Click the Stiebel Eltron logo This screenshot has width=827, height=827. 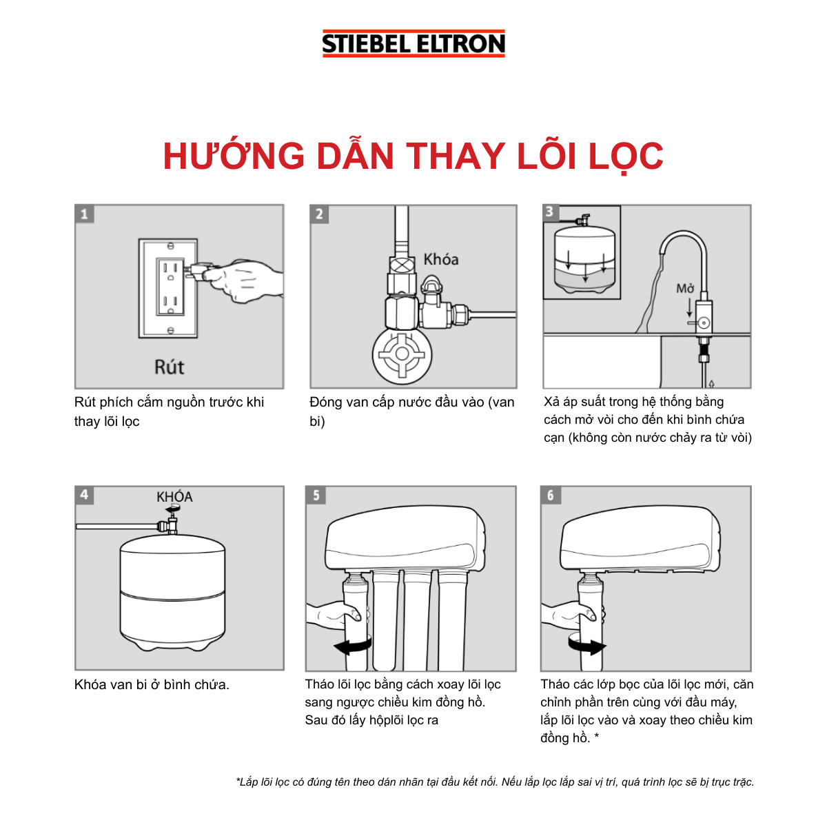point(413,43)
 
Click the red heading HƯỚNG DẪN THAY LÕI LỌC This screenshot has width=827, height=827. point(413,156)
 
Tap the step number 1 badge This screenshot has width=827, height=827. point(84,214)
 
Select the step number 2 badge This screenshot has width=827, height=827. point(319,214)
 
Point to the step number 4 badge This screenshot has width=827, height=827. point(84,495)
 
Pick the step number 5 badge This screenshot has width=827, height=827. point(316,495)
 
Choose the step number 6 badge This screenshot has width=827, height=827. point(550,495)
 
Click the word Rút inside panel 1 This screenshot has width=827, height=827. point(169,367)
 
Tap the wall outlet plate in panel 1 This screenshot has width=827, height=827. point(168,288)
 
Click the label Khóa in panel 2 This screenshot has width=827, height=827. point(441,260)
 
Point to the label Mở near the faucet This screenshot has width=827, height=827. point(685,289)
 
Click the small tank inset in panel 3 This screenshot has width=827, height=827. point(582,253)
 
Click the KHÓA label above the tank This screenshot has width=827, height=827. point(174,496)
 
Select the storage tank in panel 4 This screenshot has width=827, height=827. point(172,593)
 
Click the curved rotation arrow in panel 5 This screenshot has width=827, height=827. point(352,646)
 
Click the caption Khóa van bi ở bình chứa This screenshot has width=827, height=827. point(152,684)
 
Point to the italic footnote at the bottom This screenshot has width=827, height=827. point(495,782)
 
